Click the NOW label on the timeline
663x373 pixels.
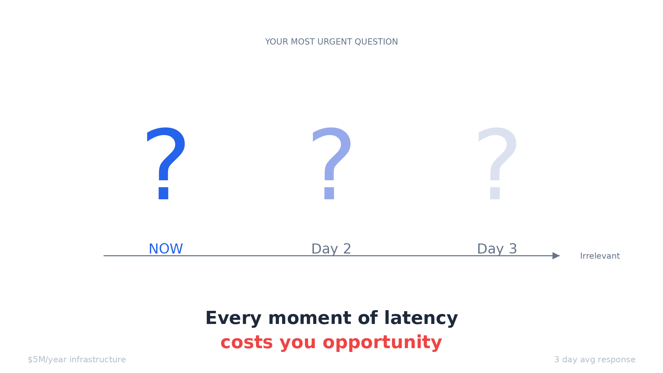pos(166,249)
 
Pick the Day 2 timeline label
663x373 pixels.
pos(331,249)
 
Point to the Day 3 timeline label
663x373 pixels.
pos(497,249)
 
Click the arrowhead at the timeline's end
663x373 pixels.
pos(556,256)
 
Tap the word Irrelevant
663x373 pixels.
pos(600,256)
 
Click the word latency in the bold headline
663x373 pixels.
pos(421,318)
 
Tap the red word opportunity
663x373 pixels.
pos(382,343)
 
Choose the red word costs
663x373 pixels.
pos(247,343)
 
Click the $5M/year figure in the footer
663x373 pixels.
pos(47,360)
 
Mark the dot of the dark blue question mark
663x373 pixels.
pos(164,193)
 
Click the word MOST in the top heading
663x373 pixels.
pos(303,42)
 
